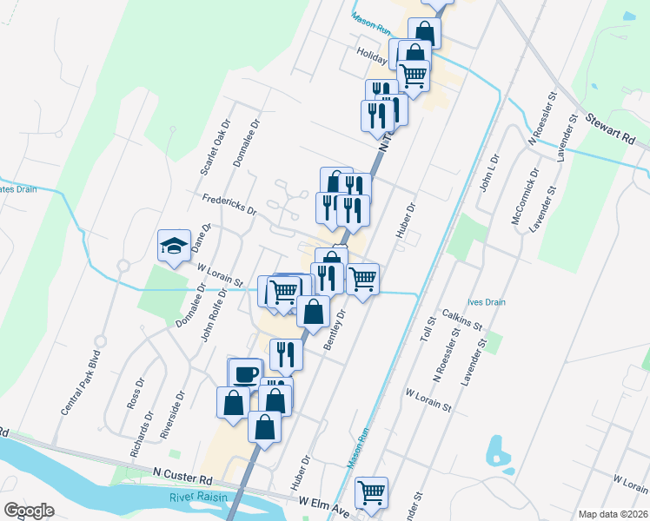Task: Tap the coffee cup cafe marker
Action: point(245,373)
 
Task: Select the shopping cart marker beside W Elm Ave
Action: point(372,492)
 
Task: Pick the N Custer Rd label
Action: point(182,478)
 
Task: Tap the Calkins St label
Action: point(461,318)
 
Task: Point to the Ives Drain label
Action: point(486,302)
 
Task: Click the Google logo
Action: point(29,511)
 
